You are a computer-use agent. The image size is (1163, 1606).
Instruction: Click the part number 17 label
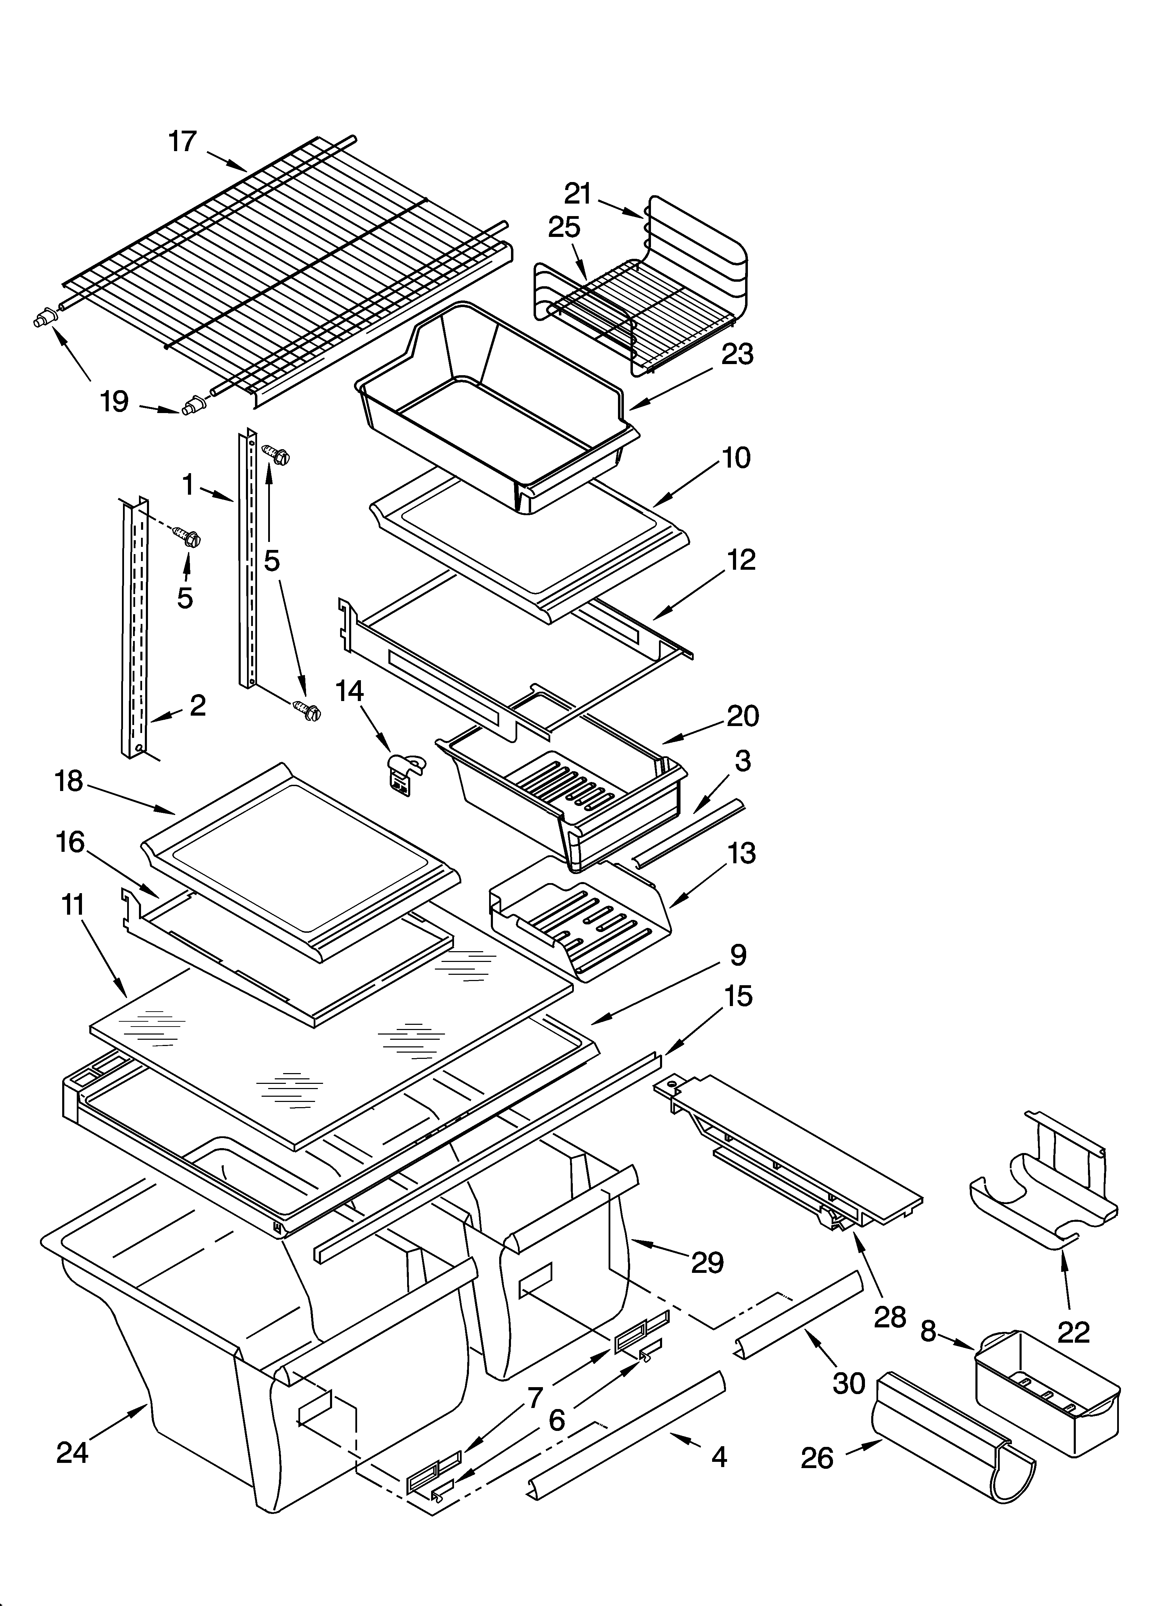point(182,142)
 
